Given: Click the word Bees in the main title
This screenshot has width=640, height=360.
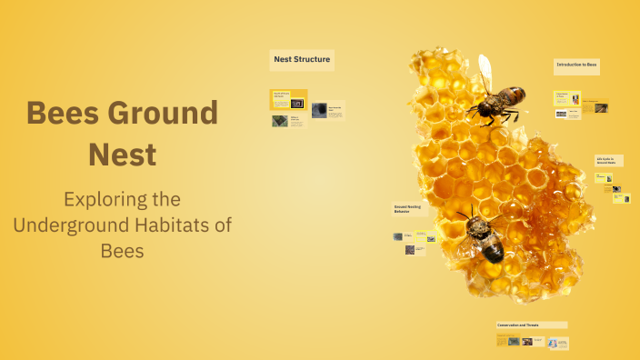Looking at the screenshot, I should [64, 114].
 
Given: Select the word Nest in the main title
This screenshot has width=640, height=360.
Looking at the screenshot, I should [122, 154].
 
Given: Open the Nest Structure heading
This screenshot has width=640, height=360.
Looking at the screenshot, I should [302, 61].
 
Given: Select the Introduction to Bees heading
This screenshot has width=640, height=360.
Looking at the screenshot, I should [576, 65].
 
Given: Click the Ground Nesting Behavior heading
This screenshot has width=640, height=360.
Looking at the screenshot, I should [407, 209].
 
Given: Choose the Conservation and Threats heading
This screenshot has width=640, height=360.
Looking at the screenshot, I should [532, 325].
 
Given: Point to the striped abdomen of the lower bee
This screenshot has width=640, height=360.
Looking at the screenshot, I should [491, 248].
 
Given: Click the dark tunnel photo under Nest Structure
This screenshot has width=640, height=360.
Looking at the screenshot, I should [319, 110].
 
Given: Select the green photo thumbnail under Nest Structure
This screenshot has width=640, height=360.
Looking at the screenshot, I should [280, 121].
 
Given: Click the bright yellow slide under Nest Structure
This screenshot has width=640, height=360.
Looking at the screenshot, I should [289, 99].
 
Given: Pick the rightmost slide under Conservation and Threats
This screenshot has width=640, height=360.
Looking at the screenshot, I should [558, 343].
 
